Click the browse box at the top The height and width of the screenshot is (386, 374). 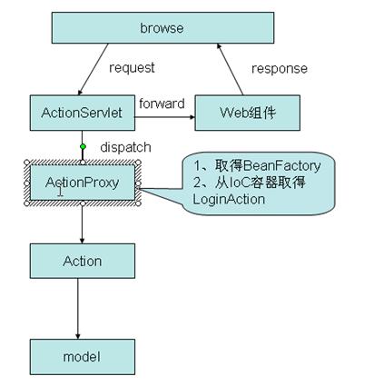point(162,28)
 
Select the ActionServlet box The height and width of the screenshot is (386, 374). point(83,113)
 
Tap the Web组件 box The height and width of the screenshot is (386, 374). point(248,113)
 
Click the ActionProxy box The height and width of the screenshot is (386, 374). point(83,183)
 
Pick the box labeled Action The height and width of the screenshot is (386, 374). point(83,261)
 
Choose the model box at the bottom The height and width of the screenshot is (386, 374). point(83,357)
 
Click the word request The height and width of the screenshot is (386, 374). point(132,68)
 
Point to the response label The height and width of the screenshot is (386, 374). point(280,69)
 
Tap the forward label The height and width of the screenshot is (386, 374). point(162,104)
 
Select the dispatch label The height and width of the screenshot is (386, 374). point(125,147)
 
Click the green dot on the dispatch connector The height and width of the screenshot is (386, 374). point(83,147)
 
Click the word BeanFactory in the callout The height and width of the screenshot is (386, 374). point(281,166)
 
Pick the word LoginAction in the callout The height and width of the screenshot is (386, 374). point(229,199)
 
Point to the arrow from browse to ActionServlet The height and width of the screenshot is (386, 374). point(93,69)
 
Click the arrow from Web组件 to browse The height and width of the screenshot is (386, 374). point(230,69)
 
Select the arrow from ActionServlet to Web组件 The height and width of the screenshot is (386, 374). point(165,117)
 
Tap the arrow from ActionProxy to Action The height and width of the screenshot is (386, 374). point(82,222)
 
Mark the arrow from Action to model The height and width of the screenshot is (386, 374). point(78,309)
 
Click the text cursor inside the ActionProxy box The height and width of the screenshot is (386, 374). point(61,191)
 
